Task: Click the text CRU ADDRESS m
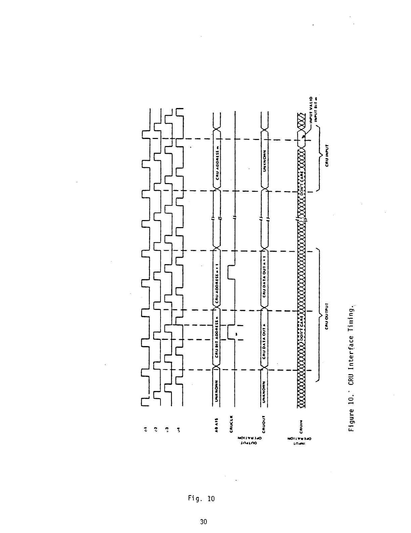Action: (217, 165)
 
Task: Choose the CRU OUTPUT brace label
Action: (328, 316)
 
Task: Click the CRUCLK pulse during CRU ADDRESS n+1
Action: (231, 272)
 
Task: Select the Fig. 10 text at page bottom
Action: (201, 498)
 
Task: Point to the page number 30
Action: (203, 522)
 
